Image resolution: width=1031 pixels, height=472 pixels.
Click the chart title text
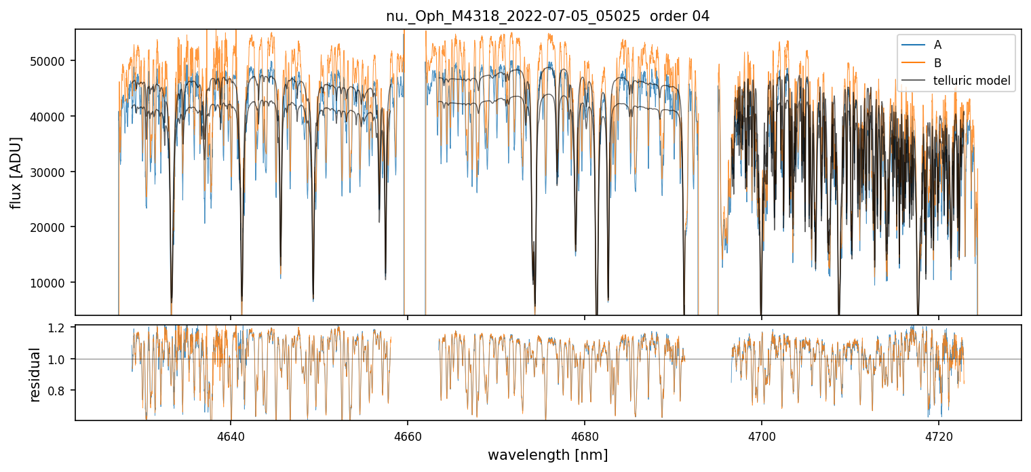[547, 16]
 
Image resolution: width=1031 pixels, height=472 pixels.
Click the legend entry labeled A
[937, 45]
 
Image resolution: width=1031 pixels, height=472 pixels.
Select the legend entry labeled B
[937, 63]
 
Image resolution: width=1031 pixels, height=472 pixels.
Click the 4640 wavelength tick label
[231, 434]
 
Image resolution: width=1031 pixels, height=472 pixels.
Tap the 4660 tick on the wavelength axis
[408, 434]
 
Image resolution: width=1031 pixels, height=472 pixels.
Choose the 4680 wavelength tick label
[585, 434]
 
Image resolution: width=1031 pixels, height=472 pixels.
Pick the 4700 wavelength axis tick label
[762, 434]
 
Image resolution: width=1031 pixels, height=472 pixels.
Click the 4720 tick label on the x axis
[939, 434]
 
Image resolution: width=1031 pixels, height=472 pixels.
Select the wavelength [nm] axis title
[547, 454]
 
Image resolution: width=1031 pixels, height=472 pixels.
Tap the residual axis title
[35, 374]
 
